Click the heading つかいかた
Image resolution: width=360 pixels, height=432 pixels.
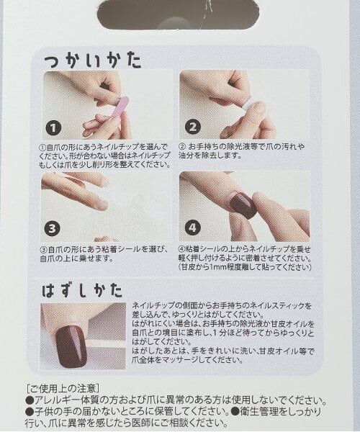click(92, 60)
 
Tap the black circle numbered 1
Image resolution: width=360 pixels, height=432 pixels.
click(53, 127)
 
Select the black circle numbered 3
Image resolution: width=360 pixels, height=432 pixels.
click(53, 230)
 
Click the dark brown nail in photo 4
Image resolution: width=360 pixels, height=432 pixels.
click(243, 204)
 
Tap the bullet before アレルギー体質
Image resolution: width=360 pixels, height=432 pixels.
click(29, 400)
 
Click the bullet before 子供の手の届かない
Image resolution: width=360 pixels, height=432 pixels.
click(29, 412)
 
